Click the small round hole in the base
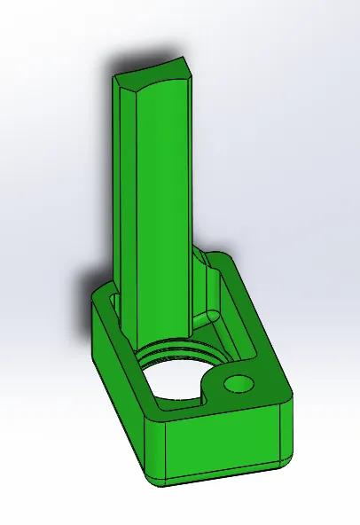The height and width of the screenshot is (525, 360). (x=239, y=383)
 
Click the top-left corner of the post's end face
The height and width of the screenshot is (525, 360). (x=113, y=78)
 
